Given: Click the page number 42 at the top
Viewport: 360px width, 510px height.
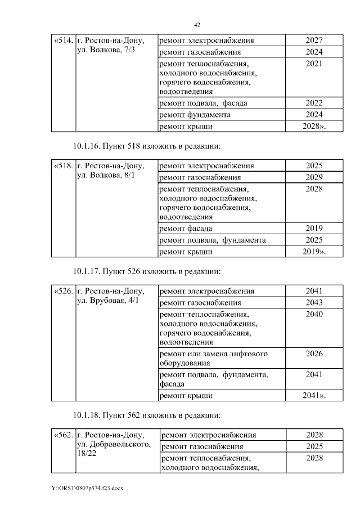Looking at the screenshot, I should (x=197, y=25).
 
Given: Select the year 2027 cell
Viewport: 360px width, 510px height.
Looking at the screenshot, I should (x=314, y=41).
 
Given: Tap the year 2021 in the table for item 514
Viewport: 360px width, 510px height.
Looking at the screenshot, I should (x=314, y=64).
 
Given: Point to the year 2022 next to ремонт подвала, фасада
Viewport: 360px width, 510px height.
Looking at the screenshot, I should (x=314, y=103).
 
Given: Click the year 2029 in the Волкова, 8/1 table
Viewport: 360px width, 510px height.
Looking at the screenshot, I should (x=314, y=177).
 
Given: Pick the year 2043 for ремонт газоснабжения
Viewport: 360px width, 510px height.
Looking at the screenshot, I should (x=314, y=303).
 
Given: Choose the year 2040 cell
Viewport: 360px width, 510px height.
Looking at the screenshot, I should (x=314, y=314).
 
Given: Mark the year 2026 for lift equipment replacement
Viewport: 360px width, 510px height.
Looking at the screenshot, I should (x=314, y=354).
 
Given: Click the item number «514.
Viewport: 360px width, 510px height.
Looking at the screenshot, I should (x=62, y=41).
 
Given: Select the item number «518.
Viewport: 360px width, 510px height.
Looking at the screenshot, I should (x=62, y=166).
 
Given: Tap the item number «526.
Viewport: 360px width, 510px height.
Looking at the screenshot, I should (x=62, y=292).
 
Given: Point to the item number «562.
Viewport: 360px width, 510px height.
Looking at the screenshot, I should (x=62, y=435).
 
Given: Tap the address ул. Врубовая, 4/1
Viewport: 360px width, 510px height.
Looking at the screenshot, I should (x=107, y=301).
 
